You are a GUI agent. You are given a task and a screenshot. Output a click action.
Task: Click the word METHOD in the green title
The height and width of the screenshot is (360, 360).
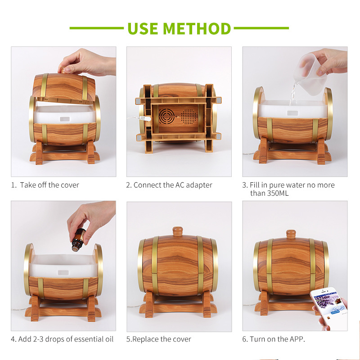tap(197, 29)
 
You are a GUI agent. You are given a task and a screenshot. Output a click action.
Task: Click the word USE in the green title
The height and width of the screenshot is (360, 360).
tap(143, 29)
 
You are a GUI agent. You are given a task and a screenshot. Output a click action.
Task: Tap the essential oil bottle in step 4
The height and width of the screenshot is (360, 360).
tap(78, 240)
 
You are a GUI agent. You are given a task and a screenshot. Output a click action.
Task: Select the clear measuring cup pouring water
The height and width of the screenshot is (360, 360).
tap(310, 74)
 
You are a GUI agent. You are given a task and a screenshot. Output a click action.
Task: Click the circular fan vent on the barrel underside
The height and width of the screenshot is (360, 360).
tap(166, 116)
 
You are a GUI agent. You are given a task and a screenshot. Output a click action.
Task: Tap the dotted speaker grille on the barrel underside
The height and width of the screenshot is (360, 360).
tap(189, 117)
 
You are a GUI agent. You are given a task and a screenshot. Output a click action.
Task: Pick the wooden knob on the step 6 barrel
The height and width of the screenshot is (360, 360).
tap(291, 234)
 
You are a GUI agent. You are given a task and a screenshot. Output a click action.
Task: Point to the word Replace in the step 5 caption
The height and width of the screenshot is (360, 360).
tap(145, 339)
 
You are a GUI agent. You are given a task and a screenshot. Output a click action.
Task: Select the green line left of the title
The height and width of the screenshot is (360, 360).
tap(97, 28)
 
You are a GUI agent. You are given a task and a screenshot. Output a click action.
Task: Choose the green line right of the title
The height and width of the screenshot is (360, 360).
tap(261, 28)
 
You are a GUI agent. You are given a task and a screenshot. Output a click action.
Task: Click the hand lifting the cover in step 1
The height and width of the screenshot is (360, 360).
tap(87, 63)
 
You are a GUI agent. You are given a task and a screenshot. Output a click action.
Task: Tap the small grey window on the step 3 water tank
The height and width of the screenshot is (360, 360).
tap(292, 113)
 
